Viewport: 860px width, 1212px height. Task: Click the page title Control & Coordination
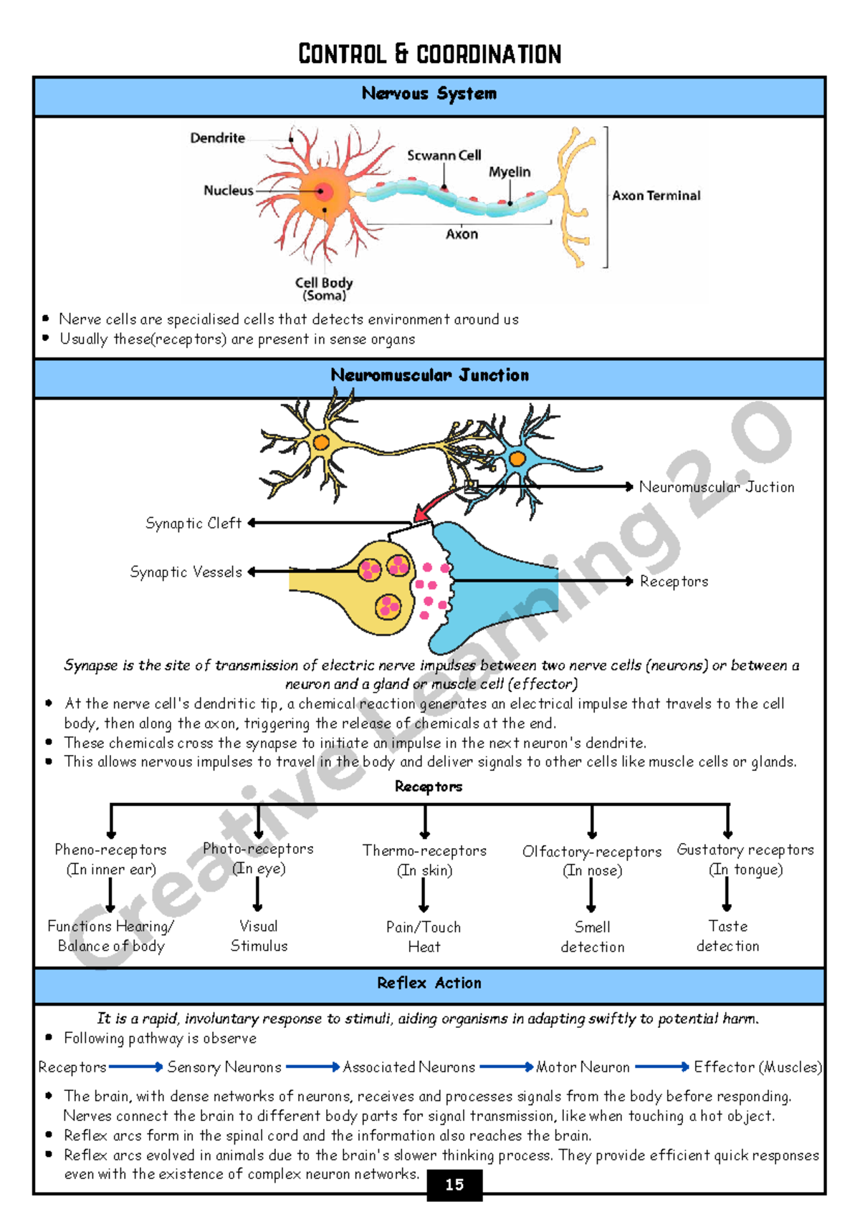[429, 54]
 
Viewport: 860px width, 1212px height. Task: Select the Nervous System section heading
[429, 94]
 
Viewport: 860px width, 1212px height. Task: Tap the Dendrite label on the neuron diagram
[217, 138]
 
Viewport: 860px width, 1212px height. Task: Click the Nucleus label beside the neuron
[228, 191]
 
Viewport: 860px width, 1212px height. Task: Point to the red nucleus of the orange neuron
[323, 191]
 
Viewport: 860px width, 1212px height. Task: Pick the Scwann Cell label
[444, 155]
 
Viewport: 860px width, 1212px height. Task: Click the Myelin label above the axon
[510, 172]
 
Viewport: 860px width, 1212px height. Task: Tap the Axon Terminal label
[656, 196]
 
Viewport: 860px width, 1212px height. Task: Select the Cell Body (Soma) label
[324, 289]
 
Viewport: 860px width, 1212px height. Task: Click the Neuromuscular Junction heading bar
[429, 375]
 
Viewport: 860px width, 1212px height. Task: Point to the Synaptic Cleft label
[193, 524]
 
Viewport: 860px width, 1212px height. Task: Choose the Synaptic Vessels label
[186, 572]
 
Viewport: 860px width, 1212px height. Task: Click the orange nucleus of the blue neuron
[517, 458]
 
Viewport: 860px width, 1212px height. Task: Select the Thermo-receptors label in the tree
[424, 851]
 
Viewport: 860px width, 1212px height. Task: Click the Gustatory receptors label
[745, 850]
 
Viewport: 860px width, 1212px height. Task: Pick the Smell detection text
[592, 937]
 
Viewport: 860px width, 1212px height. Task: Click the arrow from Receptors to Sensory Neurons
[136, 1067]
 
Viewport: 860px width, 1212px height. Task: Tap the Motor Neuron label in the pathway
[583, 1067]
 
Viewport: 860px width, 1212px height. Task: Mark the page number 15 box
[454, 1185]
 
